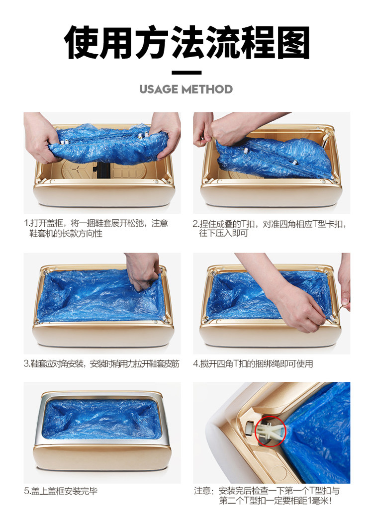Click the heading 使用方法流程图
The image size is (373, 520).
point(186,42)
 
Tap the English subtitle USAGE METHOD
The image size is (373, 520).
point(186,89)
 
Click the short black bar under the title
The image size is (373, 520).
point(186,73)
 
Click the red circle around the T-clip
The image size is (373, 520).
point(271,431)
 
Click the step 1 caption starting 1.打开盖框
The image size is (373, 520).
point(96,228)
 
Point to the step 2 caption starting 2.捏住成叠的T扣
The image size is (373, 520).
point(270,229)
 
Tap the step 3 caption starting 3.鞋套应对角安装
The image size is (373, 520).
point(101,364)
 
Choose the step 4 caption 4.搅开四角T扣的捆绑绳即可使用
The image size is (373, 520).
point(253,364)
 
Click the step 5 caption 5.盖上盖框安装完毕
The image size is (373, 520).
point(61,491)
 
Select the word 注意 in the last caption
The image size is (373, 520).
point(202,491)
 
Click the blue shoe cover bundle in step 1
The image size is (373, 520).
point(108,145)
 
